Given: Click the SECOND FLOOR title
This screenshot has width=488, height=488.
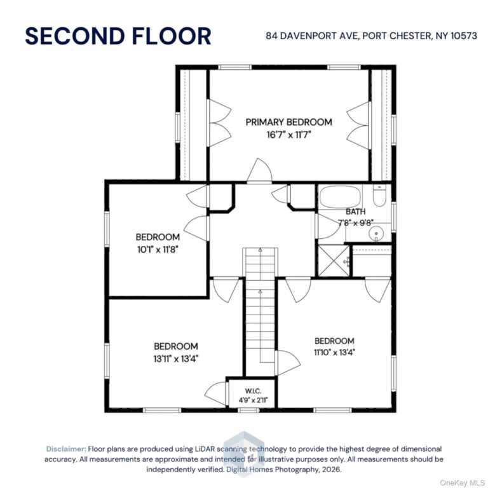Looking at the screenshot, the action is click(x=118, y=36).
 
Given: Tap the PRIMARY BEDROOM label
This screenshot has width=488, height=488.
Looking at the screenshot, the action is click(x=289, y=122).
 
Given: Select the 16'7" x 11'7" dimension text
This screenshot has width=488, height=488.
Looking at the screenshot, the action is click(x=289, y=135).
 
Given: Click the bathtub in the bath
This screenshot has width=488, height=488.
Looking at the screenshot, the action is click(x=340, y=197).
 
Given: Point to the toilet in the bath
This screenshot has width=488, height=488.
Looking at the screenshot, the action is click(x=379, y=195).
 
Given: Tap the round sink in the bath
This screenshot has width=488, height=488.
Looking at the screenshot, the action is click(x=376, y=234).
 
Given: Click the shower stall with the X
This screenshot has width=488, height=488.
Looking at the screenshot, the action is click(x=334, y=261).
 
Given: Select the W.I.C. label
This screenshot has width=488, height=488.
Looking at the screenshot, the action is click(x=253, y=391).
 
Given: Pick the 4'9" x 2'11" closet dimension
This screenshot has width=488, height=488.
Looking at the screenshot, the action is click(x=253, y=400).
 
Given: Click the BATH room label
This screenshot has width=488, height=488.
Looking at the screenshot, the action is click(x=355, y=212).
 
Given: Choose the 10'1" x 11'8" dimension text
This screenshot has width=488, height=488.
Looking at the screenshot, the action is click(x=158, y=250).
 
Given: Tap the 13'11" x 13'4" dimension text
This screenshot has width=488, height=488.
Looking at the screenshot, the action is click(x=176, y=359).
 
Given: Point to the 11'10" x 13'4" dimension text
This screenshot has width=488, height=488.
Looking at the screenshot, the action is click(x=335, y=352).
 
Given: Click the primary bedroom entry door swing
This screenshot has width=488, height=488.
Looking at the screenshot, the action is click(x=259, y=170).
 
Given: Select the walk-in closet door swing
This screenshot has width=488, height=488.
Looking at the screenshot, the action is click(x=215, y=394).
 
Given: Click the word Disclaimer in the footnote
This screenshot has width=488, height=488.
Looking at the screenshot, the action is click(x=66, y=449).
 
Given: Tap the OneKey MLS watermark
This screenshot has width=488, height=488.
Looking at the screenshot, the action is click(x=462, y=483).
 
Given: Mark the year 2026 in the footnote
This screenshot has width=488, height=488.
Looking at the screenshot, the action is click(x=332, y=470).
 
